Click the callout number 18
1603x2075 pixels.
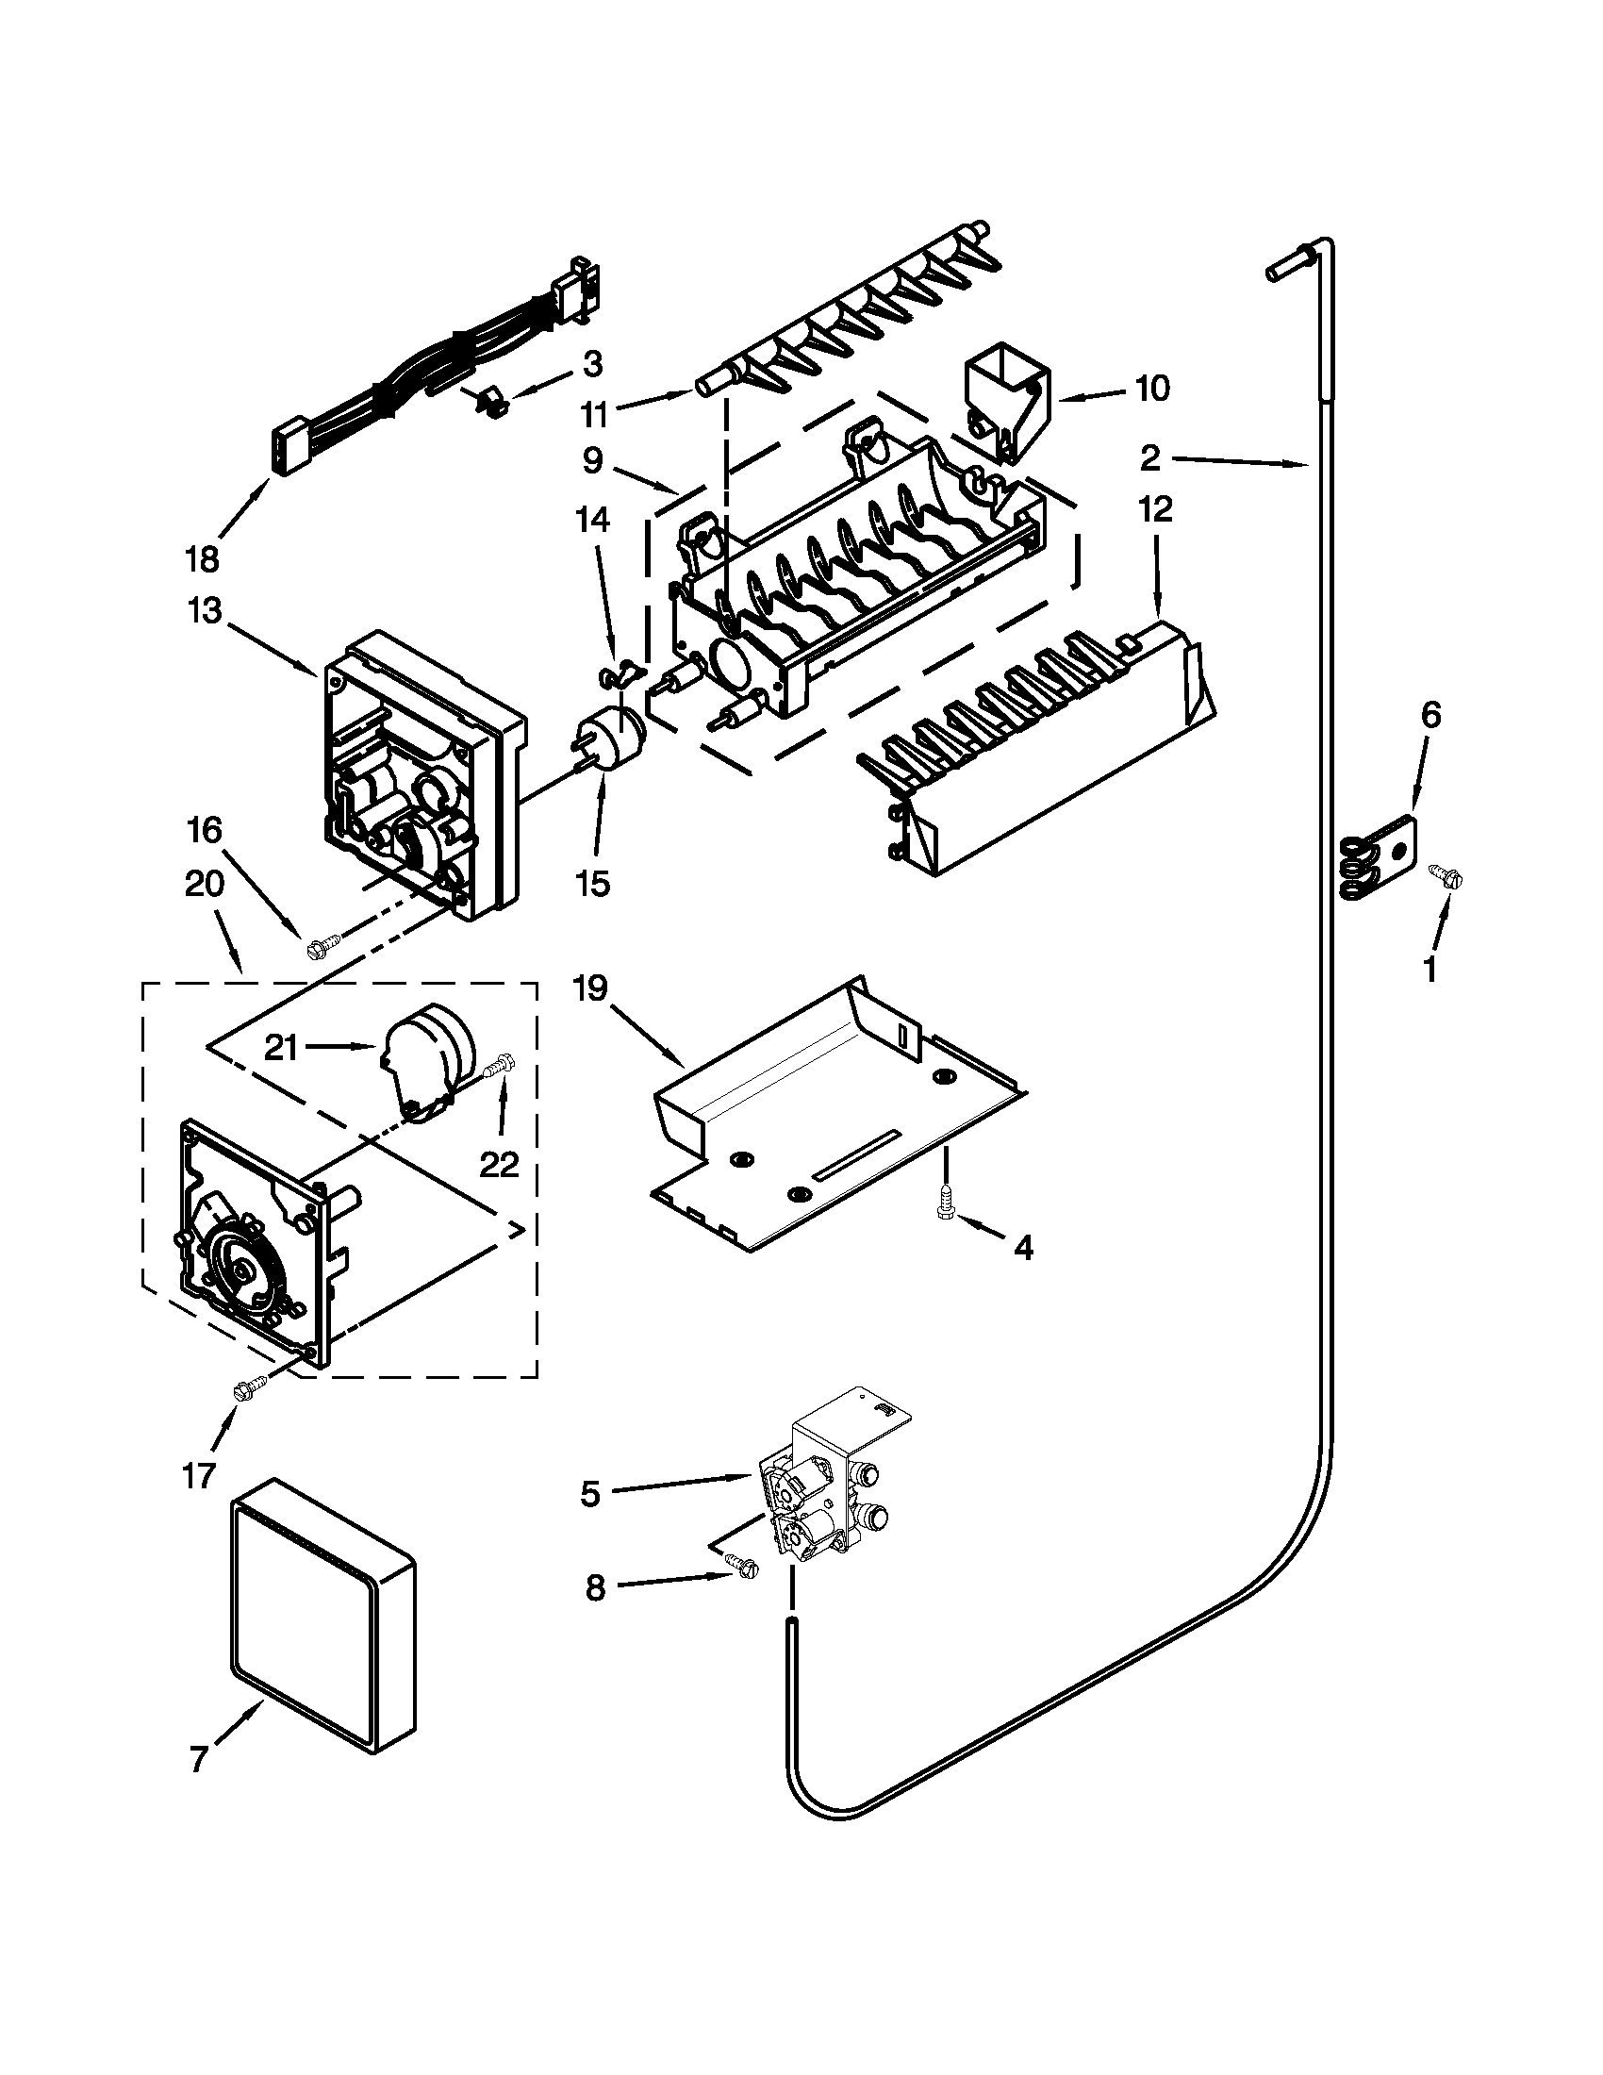(203, 559)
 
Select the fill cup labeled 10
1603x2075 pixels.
(1005, 407)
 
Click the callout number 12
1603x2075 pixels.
(1156, 510)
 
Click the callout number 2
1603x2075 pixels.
(1150, 459)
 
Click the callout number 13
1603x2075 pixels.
(205, 611)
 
